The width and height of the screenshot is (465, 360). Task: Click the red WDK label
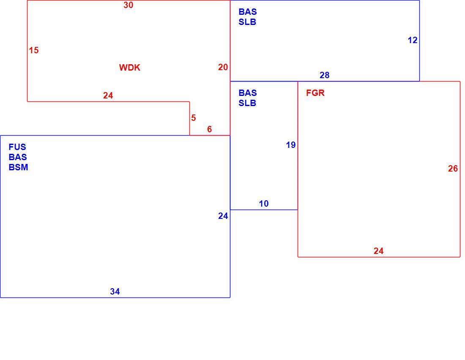[130, 68]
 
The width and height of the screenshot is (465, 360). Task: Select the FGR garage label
[315, 93]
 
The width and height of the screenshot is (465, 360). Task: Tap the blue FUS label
[17, 147]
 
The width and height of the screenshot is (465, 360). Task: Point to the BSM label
[18, 167]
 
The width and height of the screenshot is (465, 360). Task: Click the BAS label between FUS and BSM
[18, 157]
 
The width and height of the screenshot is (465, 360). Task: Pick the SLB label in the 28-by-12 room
[247, 22]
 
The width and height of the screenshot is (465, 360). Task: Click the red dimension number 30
[129, 5]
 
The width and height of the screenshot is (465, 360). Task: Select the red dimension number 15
[34, 50]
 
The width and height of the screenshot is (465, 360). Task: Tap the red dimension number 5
[193, 118]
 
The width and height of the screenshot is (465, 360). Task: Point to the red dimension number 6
[209, 129]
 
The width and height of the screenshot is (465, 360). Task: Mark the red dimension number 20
[223, 67]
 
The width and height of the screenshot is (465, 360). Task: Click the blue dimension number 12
[413, 40]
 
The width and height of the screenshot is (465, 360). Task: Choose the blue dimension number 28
[324, 75]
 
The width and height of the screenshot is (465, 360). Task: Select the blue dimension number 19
[291, 145]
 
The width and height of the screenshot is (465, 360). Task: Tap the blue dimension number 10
[264, 204]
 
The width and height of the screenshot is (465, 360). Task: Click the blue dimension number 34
[115, 292]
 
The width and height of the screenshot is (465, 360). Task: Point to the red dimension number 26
[453, 169]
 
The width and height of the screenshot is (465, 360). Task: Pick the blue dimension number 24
[223, 216]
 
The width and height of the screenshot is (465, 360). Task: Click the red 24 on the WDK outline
[108, 95]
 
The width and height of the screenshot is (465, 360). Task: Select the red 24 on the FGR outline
[378, 251]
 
